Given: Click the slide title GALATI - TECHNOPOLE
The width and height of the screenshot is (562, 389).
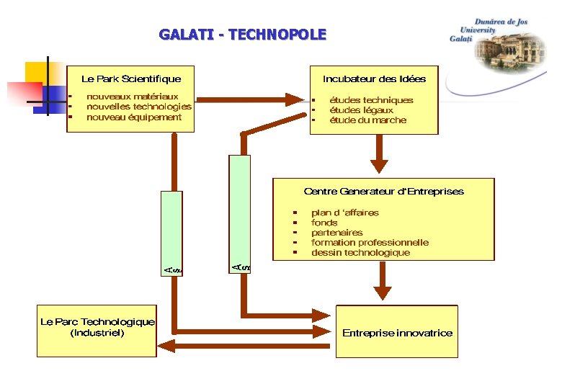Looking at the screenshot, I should [x=242, y=35].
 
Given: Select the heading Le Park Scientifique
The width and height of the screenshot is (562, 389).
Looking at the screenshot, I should [x=131, y=79].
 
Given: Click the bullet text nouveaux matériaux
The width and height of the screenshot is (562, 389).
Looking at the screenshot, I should [x=132, y=97].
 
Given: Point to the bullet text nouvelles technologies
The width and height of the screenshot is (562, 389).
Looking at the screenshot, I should [x=138, y=107].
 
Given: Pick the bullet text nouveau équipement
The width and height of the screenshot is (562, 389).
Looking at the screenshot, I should [x=134, y=117].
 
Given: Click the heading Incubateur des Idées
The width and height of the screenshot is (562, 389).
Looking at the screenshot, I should [x=374, y=79].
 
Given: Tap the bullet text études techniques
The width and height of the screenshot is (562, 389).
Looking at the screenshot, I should [x=371, y=100].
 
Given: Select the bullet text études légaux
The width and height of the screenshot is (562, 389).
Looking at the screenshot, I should [x=361, y=110].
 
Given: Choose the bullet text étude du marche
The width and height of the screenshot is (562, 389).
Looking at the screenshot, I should [x=367, y=120].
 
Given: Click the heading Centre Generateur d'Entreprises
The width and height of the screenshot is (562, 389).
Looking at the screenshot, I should [x=383, y=192].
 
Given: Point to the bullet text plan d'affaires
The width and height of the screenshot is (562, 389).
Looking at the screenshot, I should [x=344, y=213].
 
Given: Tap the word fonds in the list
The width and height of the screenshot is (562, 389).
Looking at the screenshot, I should [x=324, y=223].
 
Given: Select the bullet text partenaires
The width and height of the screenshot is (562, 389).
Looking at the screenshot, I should [x=336, y=233].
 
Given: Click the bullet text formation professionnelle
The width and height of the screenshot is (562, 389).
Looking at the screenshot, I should [x=370, y=243].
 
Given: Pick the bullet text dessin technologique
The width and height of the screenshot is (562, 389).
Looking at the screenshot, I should [x=360, y=253].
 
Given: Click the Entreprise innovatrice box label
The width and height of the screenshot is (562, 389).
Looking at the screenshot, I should [x=397, y=333].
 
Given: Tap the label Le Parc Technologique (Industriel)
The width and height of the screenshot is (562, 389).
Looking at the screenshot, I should [x=97, y=328].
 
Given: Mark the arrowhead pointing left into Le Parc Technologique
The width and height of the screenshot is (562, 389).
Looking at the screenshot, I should [x=164, y=345].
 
